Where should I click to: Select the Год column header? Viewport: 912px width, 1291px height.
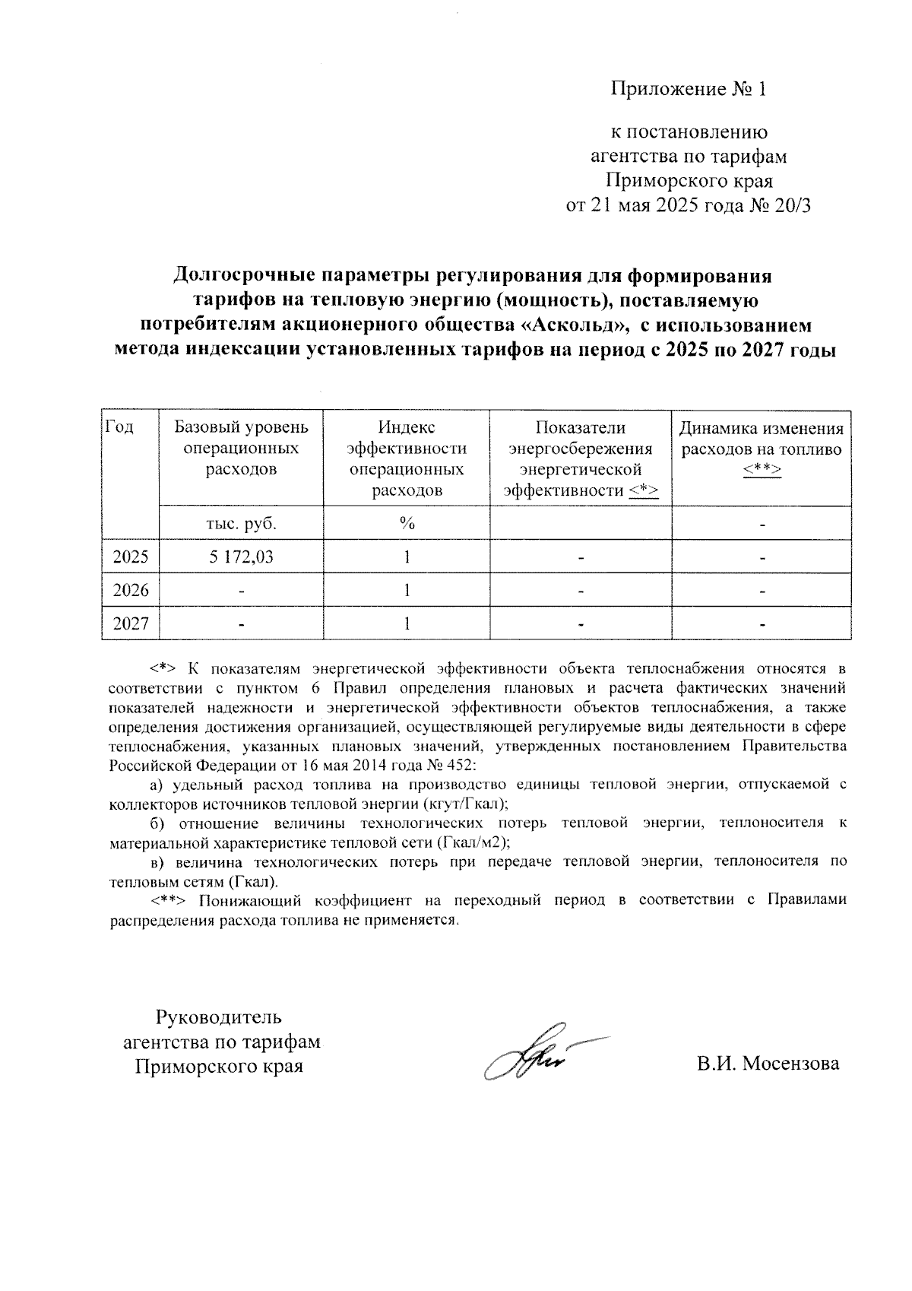[119, 428]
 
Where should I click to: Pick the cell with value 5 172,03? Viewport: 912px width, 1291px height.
[241, 557]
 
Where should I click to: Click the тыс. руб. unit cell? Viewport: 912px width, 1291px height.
[241, 524]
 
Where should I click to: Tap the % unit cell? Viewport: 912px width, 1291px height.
[407, 524]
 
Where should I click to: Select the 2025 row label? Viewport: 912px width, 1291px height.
[131, 557]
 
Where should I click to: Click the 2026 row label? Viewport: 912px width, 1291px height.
[131, 591]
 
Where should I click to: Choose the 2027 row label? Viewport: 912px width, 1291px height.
[131, 624]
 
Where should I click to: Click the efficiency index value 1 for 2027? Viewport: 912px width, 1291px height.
[407, 624]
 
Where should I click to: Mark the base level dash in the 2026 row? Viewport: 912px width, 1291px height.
[241, 591]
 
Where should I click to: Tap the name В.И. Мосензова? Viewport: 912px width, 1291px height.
[768, 1064]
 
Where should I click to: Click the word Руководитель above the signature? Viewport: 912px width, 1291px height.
[219, 1017]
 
